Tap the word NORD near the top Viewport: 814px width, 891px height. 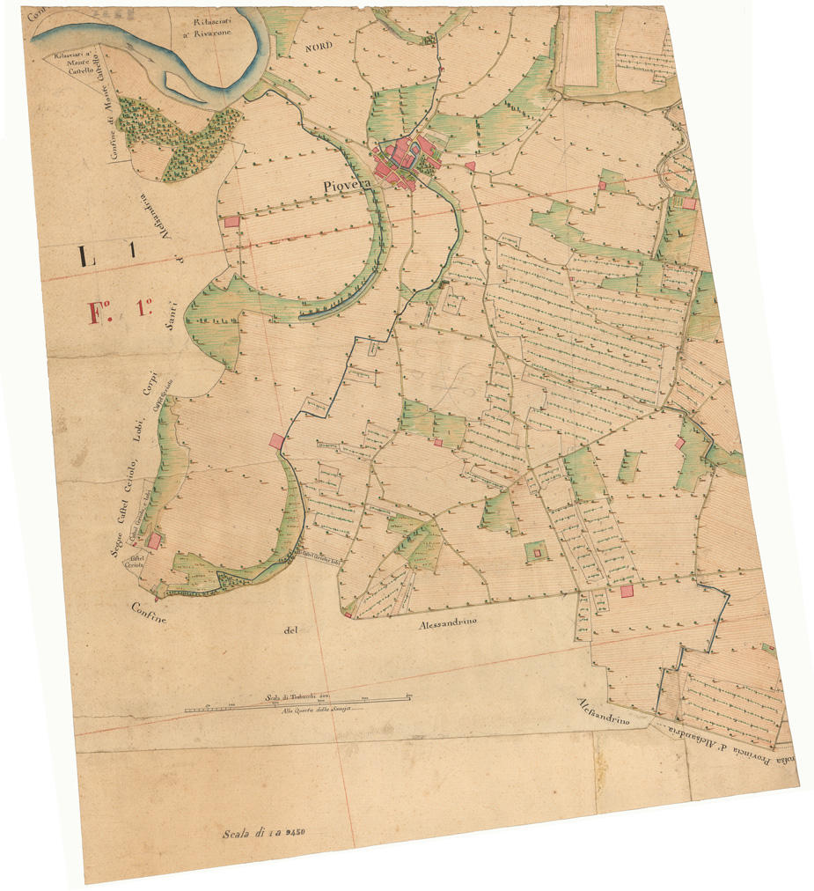pyautogui.click(x=320, y=48)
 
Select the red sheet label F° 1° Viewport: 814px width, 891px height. pyautogui.click(x=121, y=310)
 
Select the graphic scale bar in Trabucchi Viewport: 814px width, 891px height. pyautogui.click(x=299, y=703)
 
